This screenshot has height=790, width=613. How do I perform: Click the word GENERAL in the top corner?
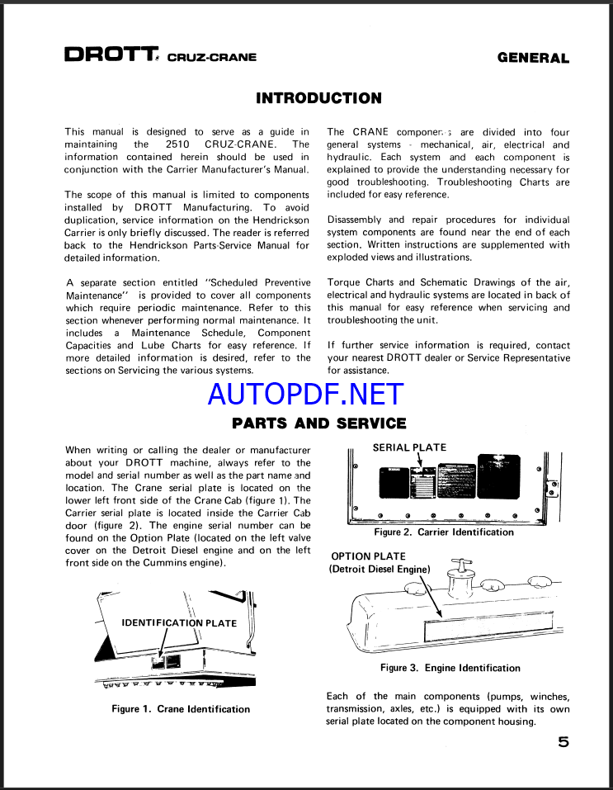coord(533,58)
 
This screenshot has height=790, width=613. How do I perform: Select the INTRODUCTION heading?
coord(318,98)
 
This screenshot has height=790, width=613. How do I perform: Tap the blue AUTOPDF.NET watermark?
coord(306,394)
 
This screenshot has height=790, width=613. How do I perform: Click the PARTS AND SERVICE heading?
coord(318,423)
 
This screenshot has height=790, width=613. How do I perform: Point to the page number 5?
coord(563,742)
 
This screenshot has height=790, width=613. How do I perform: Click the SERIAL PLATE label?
coord(409,447)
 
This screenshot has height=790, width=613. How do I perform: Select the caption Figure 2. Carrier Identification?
coord(444,532)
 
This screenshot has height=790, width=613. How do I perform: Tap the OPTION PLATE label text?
coord(368,556)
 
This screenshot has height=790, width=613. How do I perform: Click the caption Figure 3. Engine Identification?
coord(450,668)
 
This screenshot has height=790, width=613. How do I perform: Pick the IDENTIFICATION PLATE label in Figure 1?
coord(179,623)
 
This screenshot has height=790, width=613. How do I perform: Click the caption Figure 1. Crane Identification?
coord(181,709)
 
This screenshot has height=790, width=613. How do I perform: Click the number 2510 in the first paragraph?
coord(177,144)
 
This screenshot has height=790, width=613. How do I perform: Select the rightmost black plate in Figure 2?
coord(498,475)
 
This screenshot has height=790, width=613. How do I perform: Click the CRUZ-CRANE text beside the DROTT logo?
coord(211,58)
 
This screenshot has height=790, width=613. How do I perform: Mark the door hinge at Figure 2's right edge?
coord(553,488)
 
